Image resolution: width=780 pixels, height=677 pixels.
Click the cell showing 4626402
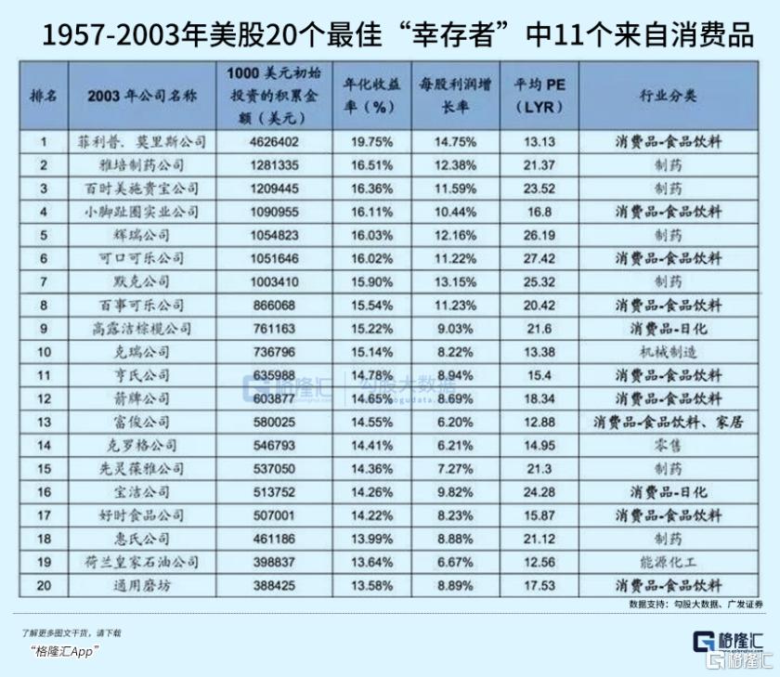click(274, 142)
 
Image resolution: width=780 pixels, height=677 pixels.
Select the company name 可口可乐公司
click(142, 259)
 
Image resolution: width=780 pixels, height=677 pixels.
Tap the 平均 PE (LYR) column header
click(539, 96)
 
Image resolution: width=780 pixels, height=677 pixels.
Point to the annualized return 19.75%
click(371, 142)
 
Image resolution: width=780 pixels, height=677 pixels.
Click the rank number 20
click(44, 585)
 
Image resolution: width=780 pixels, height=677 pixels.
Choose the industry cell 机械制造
click(668, 352)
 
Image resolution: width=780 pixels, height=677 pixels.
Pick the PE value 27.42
click(539, 259)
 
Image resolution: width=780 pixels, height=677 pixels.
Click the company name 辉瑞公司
click(142, 235)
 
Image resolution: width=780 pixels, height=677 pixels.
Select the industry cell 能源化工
click(668, 562)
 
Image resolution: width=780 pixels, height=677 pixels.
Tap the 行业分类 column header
click(668, 96)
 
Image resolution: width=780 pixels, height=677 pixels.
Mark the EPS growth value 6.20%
click(455, 423)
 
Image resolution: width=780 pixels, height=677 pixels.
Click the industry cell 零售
click(668, 446)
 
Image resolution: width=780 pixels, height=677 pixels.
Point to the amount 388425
click(274, 585)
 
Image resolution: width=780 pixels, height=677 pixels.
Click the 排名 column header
click(44, 96)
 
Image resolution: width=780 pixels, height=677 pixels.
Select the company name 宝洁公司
click(142, 492)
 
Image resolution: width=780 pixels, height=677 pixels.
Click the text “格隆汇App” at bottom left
click(64, 651)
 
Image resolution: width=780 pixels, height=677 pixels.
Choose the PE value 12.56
click(539, 562)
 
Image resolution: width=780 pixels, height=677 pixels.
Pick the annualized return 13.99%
click(371, 539)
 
